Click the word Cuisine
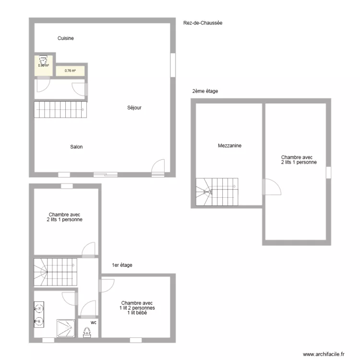(x=65, y=38)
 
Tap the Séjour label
(x=134, y=108)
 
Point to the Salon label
(x=76, y=147)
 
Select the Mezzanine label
(x=229, y=145)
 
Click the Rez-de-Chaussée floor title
(x=203, y=23)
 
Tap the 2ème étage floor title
(x=205, y=91)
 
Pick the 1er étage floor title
(x=122, y=265)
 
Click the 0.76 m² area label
(x=71, y=71)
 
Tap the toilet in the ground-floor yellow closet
(x=43, y=61)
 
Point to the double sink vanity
(x=39, y=314)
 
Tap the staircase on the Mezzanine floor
(x=216, y=192)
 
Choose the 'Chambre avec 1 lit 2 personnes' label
(x=137, y=308)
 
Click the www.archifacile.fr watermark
(x=324, y=354)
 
